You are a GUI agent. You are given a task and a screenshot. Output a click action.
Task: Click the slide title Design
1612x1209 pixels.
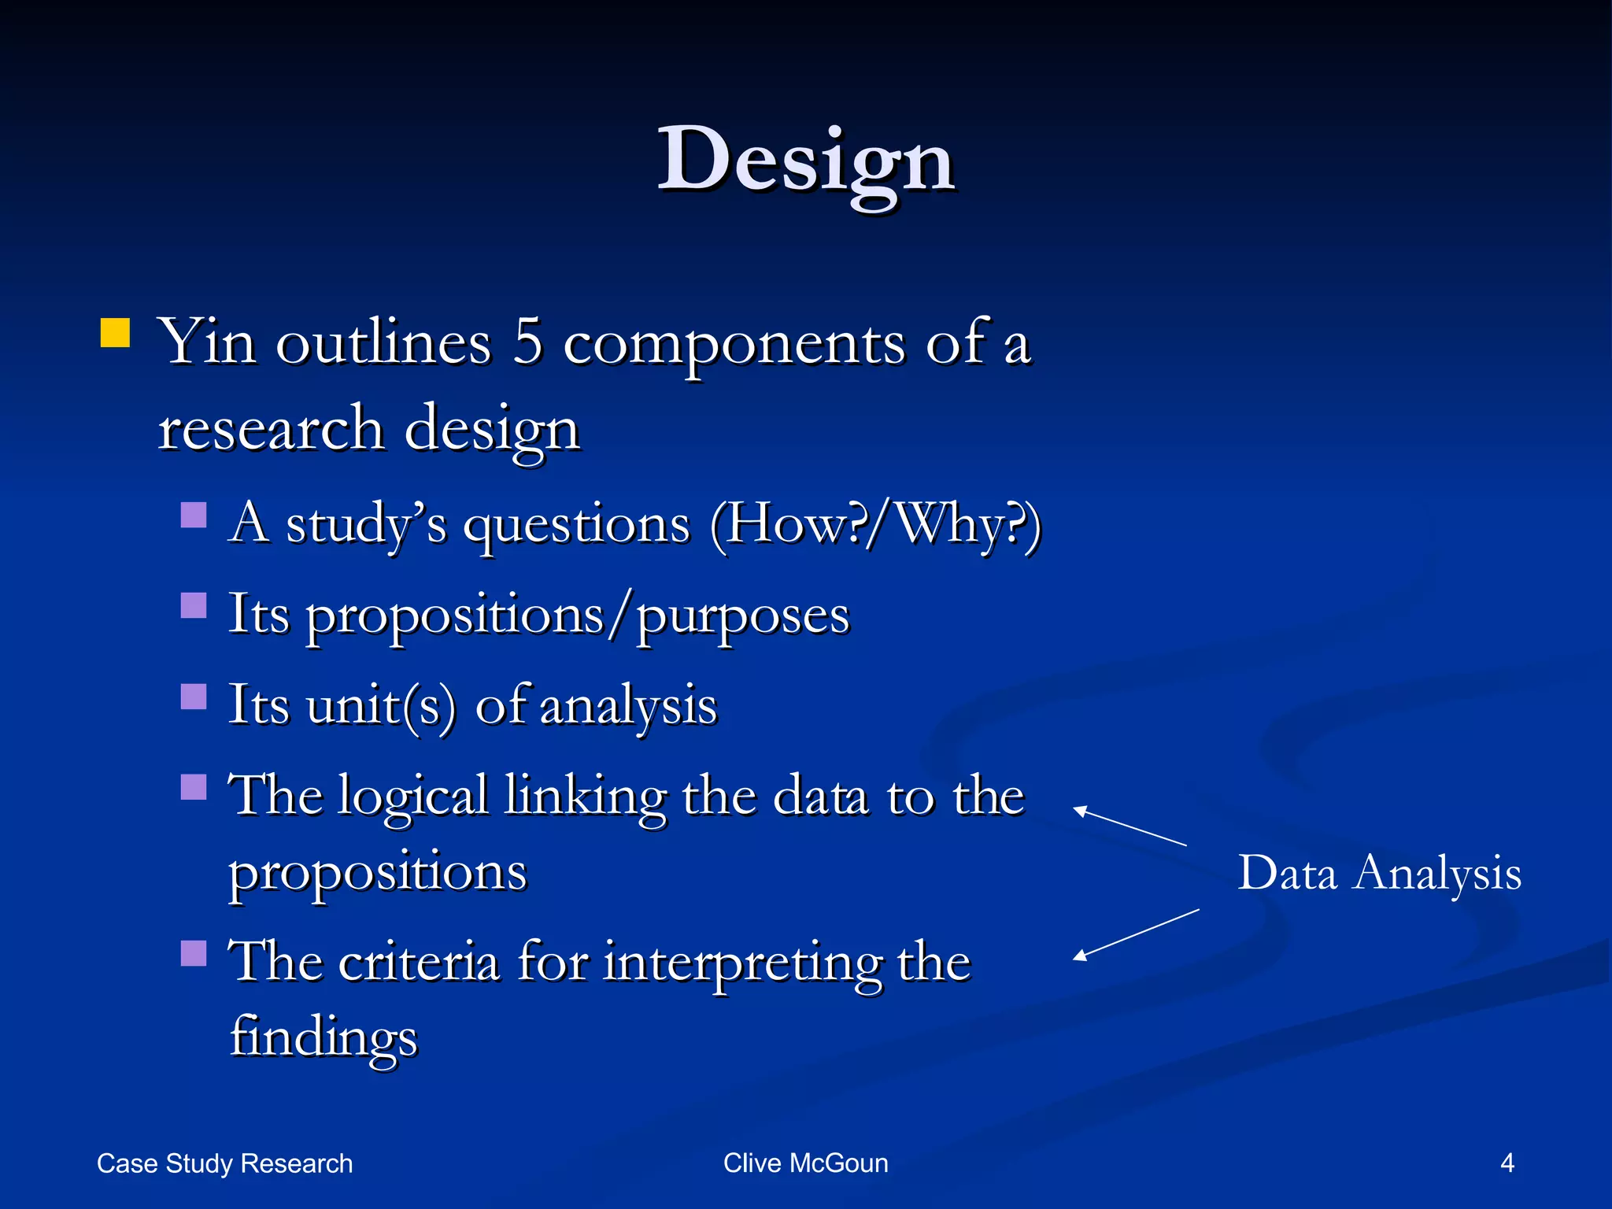click(806, 161)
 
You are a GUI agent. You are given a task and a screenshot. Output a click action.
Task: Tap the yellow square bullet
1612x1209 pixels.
click(115, 333)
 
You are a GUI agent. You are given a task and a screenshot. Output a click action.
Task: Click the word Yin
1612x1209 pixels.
click(207, 343)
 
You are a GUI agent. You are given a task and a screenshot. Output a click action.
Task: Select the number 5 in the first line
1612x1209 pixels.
click(527, 343)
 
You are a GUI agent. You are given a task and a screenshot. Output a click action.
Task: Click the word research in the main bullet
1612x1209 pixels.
click(271, 429)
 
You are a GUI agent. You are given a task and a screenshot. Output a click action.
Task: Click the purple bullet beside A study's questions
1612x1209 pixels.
click(194, 516)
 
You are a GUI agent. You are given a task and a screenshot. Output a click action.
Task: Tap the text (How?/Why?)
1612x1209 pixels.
click(875, 524)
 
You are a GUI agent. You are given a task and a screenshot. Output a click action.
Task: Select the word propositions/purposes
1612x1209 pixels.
click(539, 616)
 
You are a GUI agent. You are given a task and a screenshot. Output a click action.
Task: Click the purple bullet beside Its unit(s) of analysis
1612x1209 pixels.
click(194, 697)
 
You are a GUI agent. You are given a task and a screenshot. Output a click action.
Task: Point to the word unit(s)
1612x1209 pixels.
click(381, 705)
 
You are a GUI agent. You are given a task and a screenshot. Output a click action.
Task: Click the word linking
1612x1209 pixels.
click(585, 797)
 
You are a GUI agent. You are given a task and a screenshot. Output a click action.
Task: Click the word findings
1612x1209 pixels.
click(324, 1037)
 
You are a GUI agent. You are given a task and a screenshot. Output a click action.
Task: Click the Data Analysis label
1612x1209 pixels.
click(1379, 873)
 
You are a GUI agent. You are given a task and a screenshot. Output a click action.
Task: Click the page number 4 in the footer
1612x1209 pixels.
click(1507, 1163)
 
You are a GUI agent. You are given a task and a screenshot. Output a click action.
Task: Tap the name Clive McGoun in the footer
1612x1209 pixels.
click(805, 1163)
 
